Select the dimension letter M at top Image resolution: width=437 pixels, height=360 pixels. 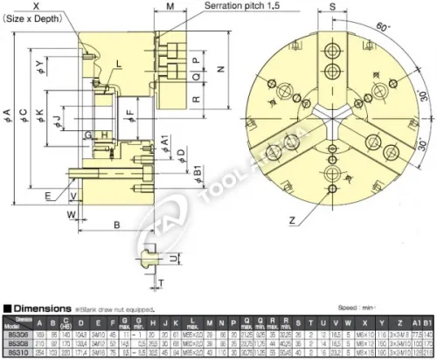170,6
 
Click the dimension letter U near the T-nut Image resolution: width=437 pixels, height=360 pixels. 175,260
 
